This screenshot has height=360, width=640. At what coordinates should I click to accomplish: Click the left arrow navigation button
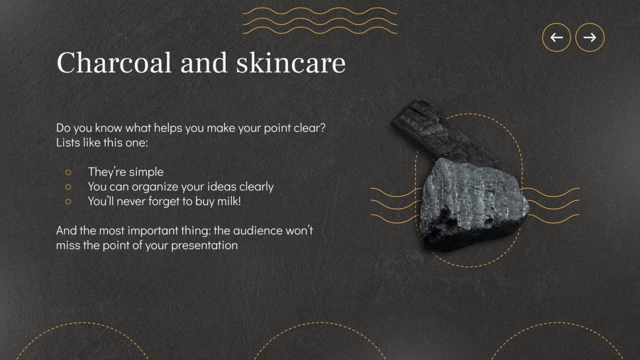(x=556, y=37)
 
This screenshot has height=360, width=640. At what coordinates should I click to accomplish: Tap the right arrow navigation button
(x=590, y=37)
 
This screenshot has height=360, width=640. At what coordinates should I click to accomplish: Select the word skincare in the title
(x=290, y=63)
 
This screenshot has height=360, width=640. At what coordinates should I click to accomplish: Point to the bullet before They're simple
(x=68, y=172)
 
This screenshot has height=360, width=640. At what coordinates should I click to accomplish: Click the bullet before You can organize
(x=68, y=186)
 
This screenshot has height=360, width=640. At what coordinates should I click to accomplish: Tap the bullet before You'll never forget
(x=68, y=201)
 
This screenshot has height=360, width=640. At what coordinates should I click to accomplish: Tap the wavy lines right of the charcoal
(x=550, y=205)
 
